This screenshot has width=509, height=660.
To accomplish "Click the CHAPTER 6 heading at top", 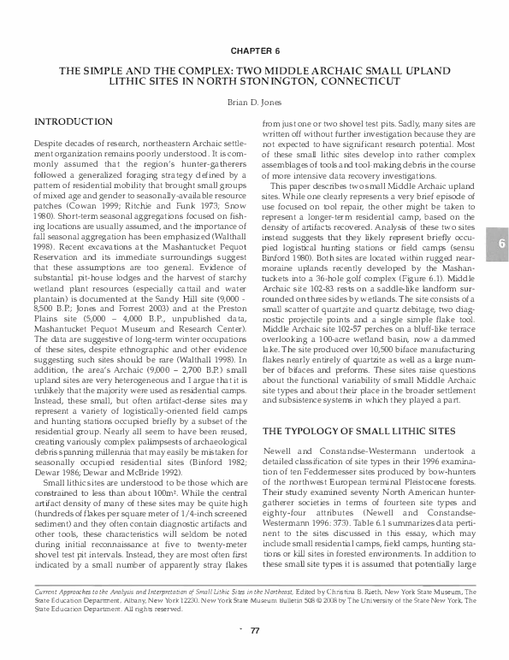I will click(254, 51).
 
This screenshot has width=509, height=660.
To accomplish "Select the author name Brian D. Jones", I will click(254, 101).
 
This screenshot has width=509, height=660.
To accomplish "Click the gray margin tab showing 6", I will click(497, 221).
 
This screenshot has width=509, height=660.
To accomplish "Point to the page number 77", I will click(254, 631).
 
